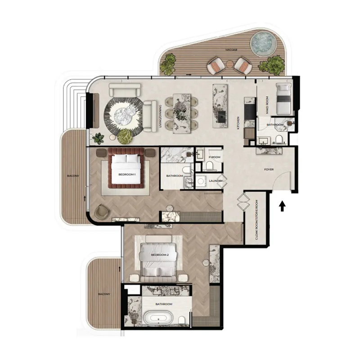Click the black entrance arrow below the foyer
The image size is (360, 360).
click(282, 206)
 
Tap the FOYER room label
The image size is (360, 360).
click(269, 170)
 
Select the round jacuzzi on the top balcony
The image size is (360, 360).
click(262, 43)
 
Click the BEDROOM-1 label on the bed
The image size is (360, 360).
click(126, 174)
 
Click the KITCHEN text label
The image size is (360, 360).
click(238, 123)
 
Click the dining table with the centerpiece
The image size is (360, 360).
click(182, 112)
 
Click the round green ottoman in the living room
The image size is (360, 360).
click(126, 135)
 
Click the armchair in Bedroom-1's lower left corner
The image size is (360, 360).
click(102, 211)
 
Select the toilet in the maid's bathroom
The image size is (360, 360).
click(279, 139)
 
